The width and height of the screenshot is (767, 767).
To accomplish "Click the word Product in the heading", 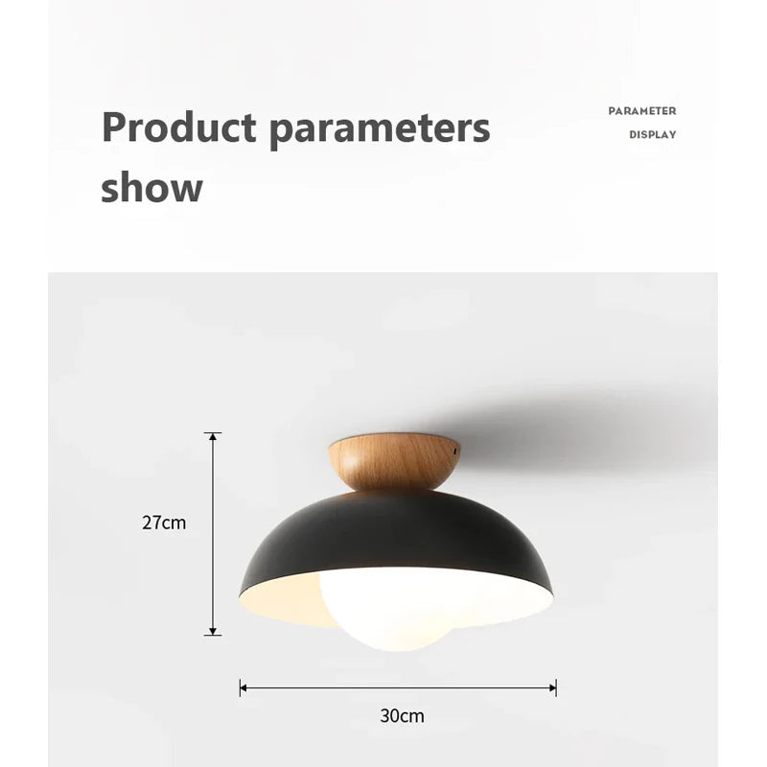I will (178, 128).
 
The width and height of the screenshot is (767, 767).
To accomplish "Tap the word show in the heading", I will (151, 187).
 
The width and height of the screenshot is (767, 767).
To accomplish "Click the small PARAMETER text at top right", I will (641, 111).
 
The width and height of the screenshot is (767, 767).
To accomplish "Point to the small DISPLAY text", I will (652, 135).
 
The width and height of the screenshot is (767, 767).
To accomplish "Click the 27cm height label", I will (164, 523).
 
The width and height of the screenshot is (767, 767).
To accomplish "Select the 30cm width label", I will (402, 715).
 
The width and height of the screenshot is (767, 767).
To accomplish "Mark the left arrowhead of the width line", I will (244, 687).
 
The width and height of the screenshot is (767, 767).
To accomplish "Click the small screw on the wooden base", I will (455, 444).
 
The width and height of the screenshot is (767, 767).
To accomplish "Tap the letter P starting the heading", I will (113, 128).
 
